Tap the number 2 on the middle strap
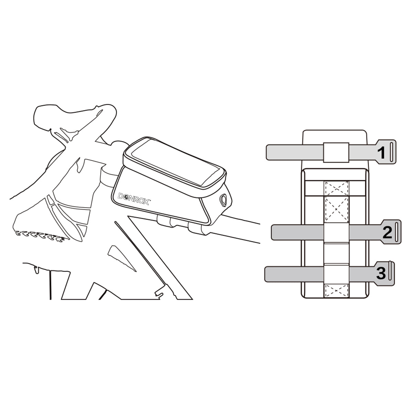tap(387, 233)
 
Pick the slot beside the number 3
tap(391, 273)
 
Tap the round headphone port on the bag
tap(223, 200)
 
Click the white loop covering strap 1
tap(336, 153)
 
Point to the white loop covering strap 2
tap(336, 233)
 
